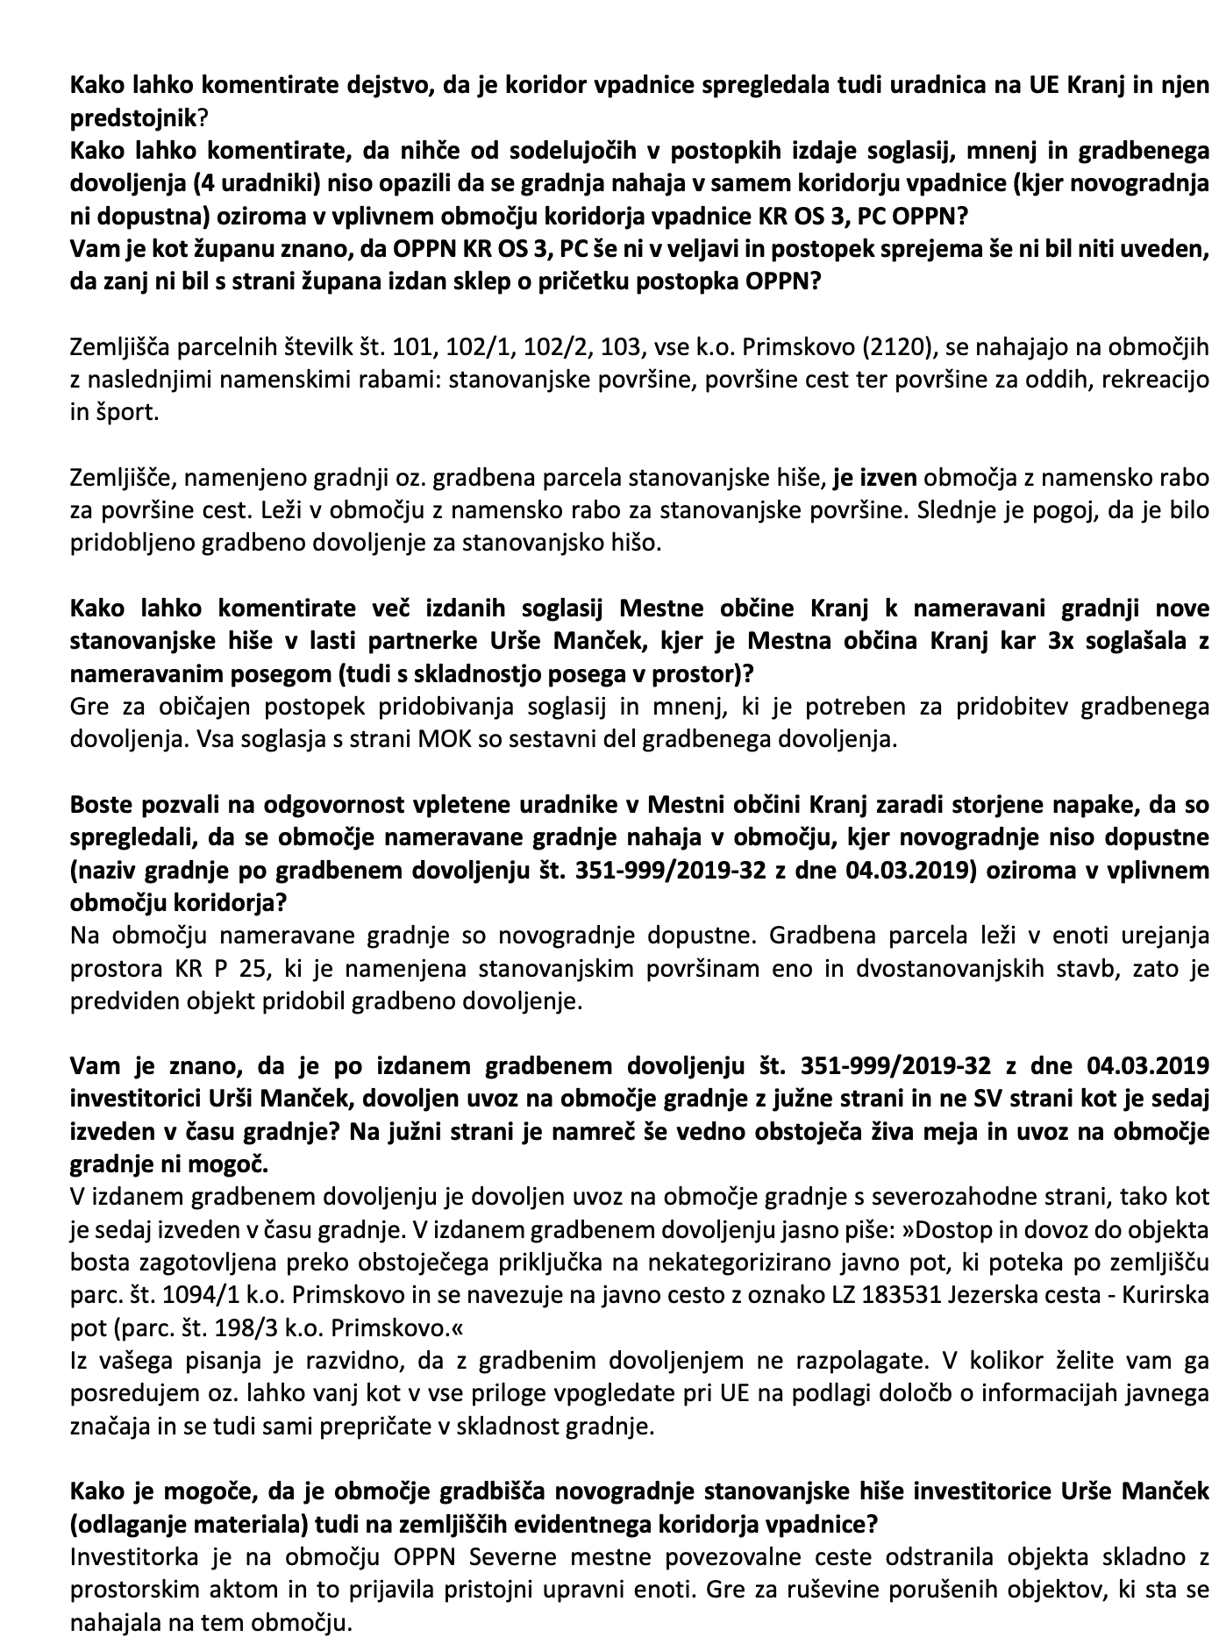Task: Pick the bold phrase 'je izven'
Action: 874,479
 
